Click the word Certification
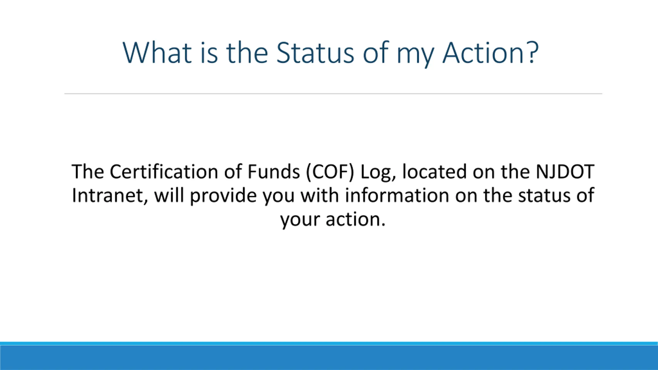click(164, 172)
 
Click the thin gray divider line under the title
click(333, 94)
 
